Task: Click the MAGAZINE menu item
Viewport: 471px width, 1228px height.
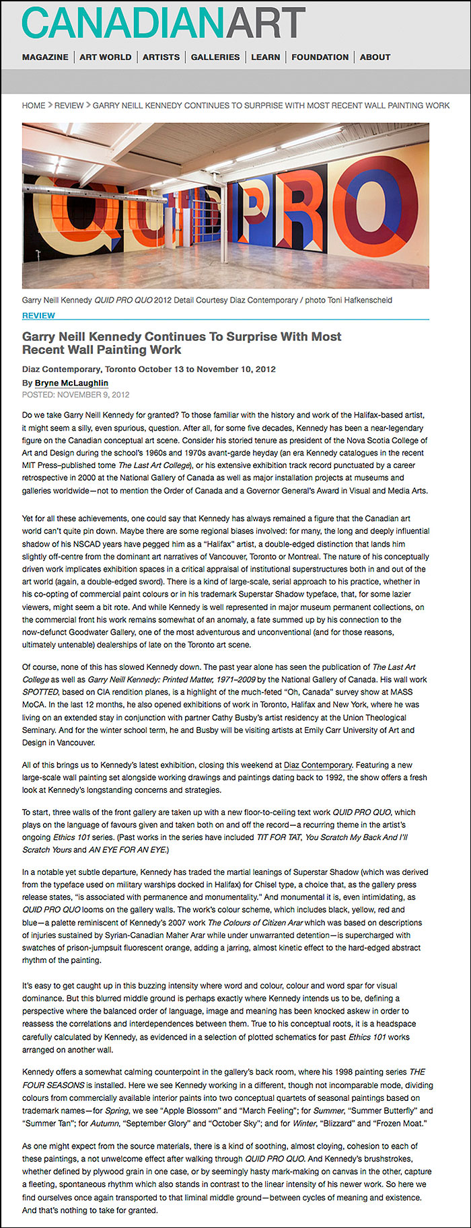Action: pyautogui.click(x=45, y=57)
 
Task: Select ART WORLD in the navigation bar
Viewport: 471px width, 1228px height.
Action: pyautogui.click(x=106, y=57)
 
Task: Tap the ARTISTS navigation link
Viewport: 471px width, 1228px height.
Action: pyautogui.click(x=161, y=57)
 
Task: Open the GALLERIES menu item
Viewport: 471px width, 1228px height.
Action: pyautogui.click(x=215, y=57)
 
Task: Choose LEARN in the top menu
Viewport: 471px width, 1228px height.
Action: pyautogui.click(x=266, y=57)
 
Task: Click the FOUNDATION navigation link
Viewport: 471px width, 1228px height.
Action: pyautogui.click(x=320, y=57)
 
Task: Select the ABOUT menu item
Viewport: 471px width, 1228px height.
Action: pyautogui.click(x=375, y=57)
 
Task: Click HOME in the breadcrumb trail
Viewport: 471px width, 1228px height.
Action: pyautogui.click(x=34, y=106)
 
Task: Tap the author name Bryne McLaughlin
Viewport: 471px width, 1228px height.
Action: pyautogui.click(x=71, y=383)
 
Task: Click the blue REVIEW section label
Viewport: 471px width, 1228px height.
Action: pyautogui.click(x=38, y=315)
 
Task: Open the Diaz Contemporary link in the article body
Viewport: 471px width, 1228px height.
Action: pyautogui.click(x=318, y=765)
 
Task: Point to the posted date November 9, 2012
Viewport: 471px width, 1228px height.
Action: pyautogui.click(x=95, y=395)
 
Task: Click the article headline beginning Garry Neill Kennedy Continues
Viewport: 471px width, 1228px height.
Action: pyautogui.click(x=182, y=343)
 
